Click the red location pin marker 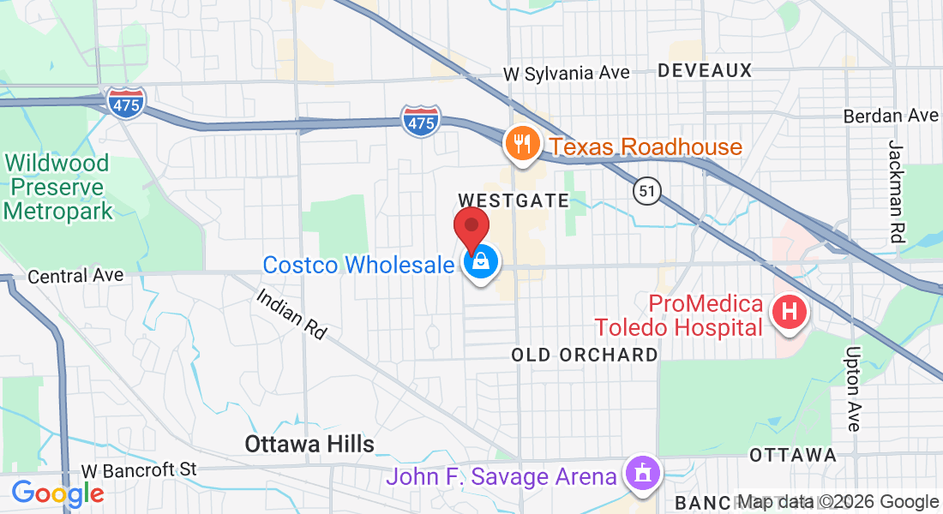click(x=471, y=227)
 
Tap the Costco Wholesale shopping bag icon click(x=482, y=264)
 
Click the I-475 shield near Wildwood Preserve click(x=127, y=103)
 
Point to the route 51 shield click(x=648, y=191)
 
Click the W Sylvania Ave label click(x=567, y=73)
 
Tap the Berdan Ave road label click(x=891, y=115)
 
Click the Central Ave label click(x=75, y=276)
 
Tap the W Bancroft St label click(x=139, y=469)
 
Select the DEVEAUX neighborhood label click(x=705, y=70)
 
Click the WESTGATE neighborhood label click(x=514, y=200)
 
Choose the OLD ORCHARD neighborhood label click(x=585, y=355)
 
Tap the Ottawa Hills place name click(x=309, y=444)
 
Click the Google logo click(x=57, y=493)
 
